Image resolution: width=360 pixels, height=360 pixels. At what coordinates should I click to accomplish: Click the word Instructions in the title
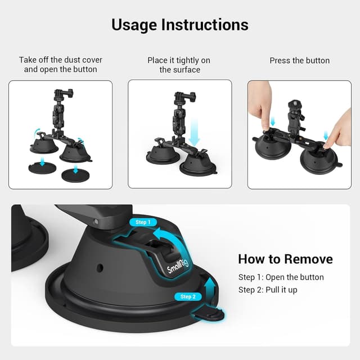(205, 25)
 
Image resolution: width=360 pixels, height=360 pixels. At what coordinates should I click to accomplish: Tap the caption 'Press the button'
(299, 61)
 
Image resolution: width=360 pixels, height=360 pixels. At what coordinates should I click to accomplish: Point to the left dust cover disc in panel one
(43, 168)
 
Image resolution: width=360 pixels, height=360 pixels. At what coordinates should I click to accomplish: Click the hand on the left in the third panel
(260, 101)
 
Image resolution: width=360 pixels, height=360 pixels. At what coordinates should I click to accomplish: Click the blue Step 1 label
(143, 222)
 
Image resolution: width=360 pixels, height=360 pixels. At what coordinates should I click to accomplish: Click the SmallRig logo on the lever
(178, 264)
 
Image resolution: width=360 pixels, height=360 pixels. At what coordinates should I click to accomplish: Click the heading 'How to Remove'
(285, 259)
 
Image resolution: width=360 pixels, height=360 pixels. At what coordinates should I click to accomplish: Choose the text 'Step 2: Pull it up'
(268, 290)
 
